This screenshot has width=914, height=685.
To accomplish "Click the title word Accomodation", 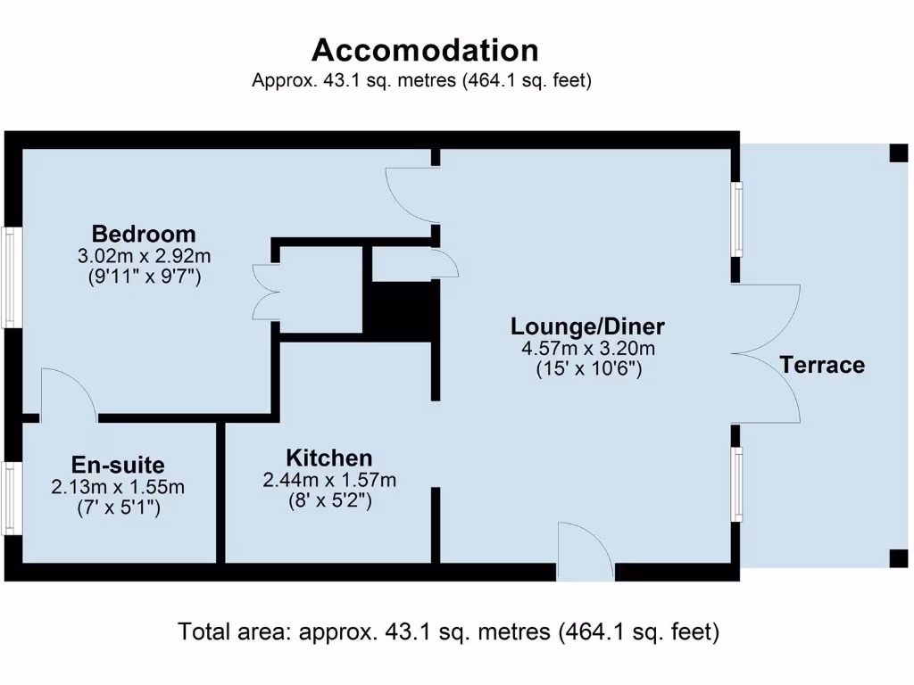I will point(425,49).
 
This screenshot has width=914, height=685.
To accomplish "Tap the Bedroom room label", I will point(144,235).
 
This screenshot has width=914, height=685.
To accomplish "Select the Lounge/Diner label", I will point(587,326).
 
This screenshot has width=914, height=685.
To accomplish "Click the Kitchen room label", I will point(328,458).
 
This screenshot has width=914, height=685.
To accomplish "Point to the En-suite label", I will point(118,465).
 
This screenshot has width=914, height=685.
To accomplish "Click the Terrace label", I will point(822,365).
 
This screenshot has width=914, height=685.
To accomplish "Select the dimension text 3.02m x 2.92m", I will point(145,256).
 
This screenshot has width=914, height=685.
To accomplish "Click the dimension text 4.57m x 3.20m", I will point(587,347).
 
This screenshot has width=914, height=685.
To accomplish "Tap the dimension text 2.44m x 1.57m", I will point(328,481).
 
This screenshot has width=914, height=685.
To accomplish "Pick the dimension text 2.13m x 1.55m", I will point(118,487).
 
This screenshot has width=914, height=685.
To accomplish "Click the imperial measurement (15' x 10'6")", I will point(587,367).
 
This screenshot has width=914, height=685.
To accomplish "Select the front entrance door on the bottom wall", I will point(585,553).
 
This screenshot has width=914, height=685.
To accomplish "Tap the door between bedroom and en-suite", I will point(68,397).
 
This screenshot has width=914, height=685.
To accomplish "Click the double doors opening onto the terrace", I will point(766,354).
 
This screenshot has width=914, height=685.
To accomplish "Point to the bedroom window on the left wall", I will point(12,276).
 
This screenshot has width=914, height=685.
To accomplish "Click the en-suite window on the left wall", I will point(12,498).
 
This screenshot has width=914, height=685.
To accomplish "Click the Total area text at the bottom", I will point(449,632).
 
